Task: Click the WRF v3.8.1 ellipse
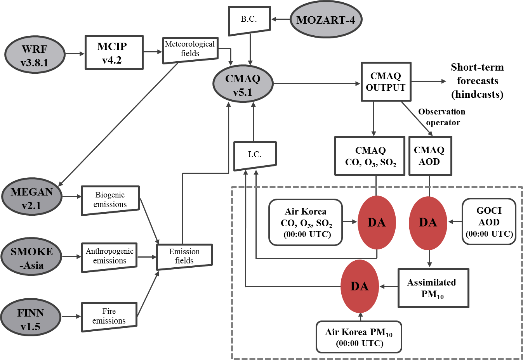(x=35, y=55)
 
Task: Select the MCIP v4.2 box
(x=114, y=53)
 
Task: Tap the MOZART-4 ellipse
(x=326, y=20)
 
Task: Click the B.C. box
(x=249, y=20)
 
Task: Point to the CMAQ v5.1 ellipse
(x=243, y=85)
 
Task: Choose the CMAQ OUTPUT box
(x=386, y=82)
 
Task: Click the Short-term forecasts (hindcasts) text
(x=477, y=81)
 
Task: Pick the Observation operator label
(x=442, y=117)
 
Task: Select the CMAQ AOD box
(x=430, y=156)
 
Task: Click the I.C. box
(x=255, y=155)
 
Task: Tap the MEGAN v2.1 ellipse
(x=32, y=198)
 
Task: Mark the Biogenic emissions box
(x=110, y=200)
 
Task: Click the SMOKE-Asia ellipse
(x=32, y=258)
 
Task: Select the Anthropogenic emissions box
(x=109, y=256)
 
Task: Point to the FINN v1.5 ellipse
(x=31, y=319)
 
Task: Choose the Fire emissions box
(x=109, y=317)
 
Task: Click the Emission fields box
(x=184, y=256)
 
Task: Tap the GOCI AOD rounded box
(x=489, y=222)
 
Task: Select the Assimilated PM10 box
(x=433, y=288)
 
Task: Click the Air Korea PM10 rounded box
(x=359, y=337)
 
